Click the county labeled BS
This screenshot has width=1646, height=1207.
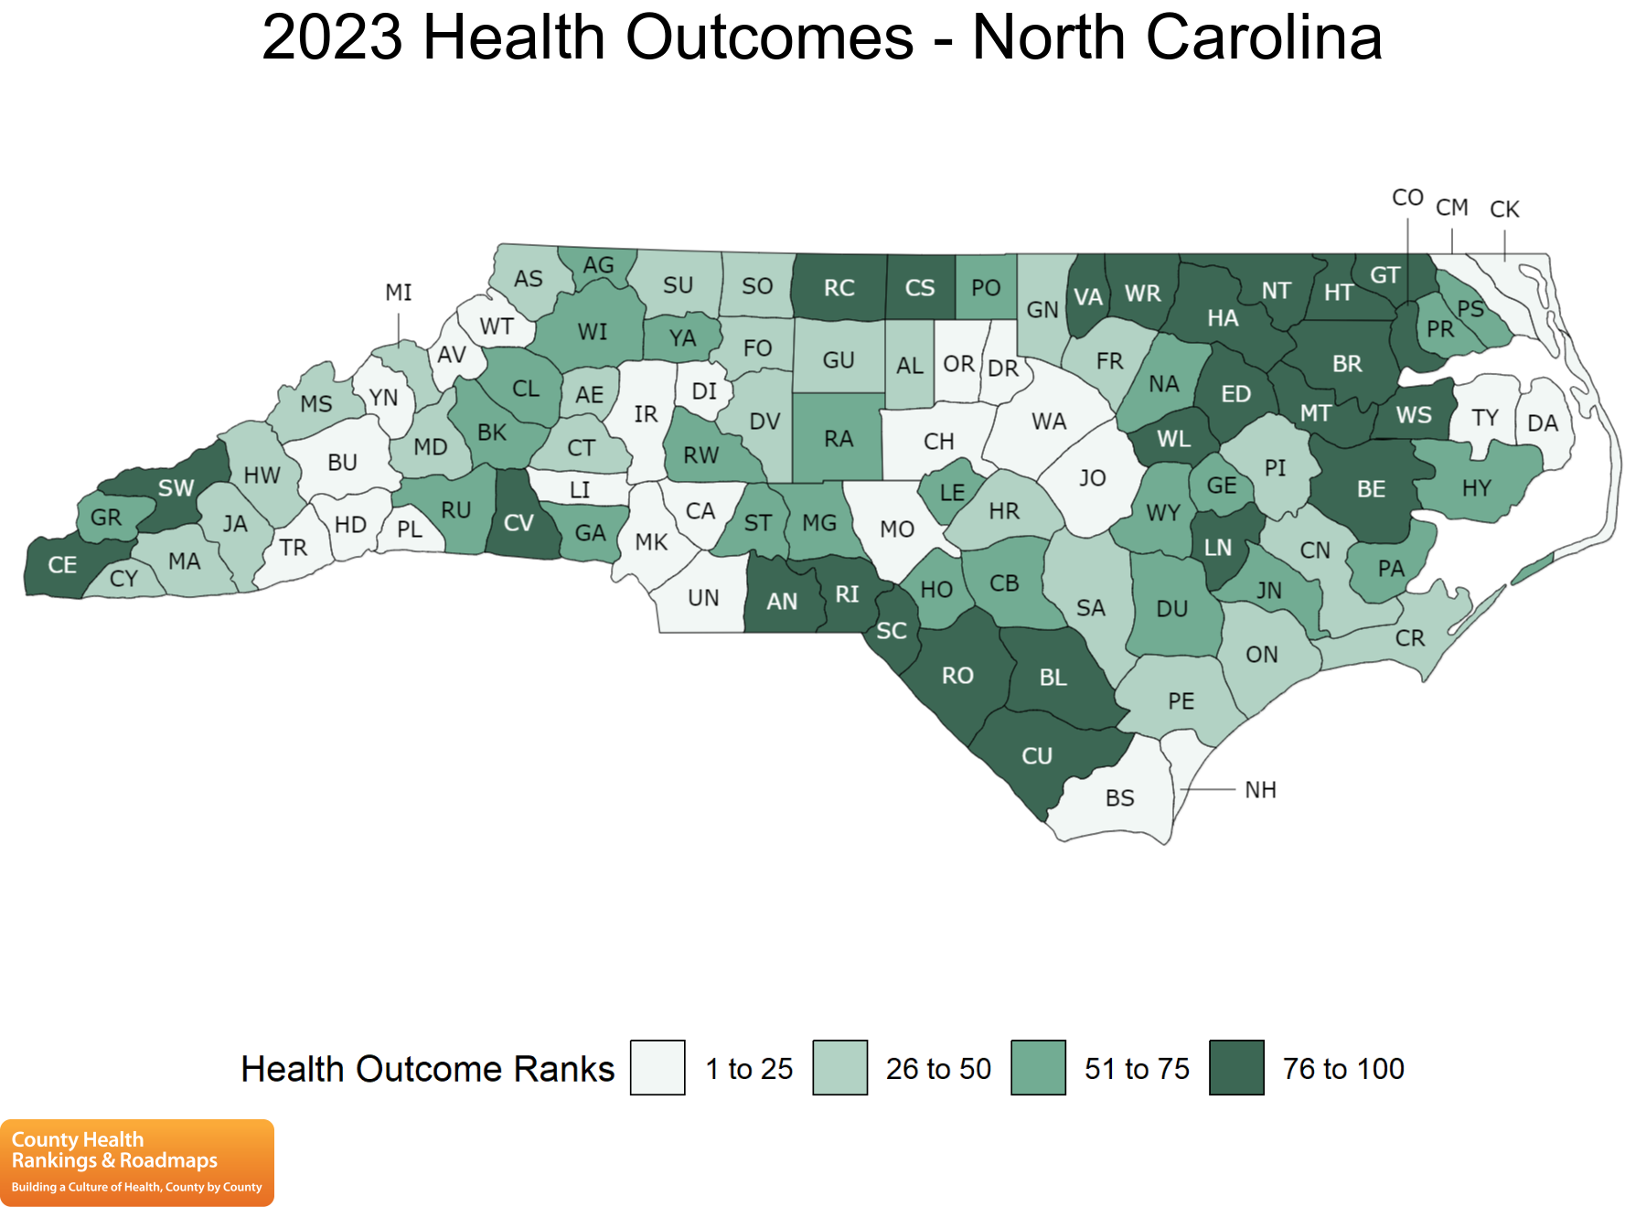pos(1119,798)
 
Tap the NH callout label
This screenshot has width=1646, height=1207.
pos(1260,790)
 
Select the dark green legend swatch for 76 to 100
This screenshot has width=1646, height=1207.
pos(1236,1067)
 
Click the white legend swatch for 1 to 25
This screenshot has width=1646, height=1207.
pos(657,1067)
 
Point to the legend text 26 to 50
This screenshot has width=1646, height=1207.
pos(938,1068)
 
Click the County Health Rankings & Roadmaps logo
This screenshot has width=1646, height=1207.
pos(137,1162)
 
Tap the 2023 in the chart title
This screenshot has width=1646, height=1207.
pos(332,38)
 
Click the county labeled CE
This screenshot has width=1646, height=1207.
pos(62,565)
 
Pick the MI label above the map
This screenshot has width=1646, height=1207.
pos(399,293)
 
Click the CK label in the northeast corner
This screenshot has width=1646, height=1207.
pos(1504,209)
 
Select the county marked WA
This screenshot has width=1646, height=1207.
pos(1049,422)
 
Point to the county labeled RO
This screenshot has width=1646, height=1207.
pos(957,676)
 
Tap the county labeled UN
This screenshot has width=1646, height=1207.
pos(703,598)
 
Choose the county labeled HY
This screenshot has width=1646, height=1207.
pos(1476,488)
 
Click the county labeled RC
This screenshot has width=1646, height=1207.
pos(839,288)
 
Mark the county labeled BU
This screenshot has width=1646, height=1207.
pos(342,463)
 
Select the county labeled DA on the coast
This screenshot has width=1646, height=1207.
pos(1543,423)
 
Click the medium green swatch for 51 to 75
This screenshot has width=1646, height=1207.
pos(1038,1067)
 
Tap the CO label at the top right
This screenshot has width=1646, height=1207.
pos(1407,198)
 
